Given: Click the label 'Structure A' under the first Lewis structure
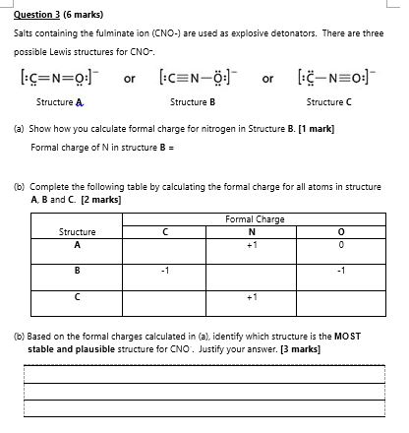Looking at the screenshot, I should [x=60, y=102].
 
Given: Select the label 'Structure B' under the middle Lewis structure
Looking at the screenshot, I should [x=192, y=102].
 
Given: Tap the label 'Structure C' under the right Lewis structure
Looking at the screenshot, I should [x=328, y=102].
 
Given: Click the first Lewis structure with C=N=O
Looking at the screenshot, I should [x=58, y=77].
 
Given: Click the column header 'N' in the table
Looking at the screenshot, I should [x=252, y=232].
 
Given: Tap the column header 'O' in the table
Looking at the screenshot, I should [x=339, y=232].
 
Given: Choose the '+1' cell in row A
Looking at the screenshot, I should [x=252, y=244].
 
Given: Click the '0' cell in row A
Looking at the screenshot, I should [x=339, y=244].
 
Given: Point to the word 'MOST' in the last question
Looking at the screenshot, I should [x=349, y=336].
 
